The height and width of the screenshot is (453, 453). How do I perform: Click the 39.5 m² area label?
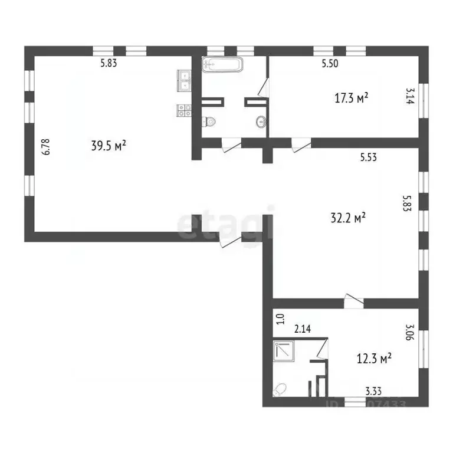[109, 145]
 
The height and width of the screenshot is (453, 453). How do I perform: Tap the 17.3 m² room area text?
[352, 97]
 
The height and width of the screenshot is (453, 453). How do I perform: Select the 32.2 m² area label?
[349, 218]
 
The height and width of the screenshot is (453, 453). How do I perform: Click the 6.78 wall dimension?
[46, 146]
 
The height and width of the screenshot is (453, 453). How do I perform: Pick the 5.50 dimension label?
[330, 64]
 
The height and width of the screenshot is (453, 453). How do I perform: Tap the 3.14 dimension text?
[409, 97]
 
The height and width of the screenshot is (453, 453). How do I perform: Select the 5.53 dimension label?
[369, 157]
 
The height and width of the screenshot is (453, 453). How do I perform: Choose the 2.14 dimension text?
[303, 329]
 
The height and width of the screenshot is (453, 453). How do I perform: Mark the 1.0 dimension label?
[281, 319]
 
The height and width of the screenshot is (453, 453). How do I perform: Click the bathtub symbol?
[222, 64]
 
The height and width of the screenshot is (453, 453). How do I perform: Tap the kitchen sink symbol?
[183, 79]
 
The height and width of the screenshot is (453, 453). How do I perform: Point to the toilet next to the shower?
[281, 389]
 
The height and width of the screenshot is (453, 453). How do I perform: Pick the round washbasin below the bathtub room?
[260, 122]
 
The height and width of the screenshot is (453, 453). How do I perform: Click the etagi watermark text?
[226, 224]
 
